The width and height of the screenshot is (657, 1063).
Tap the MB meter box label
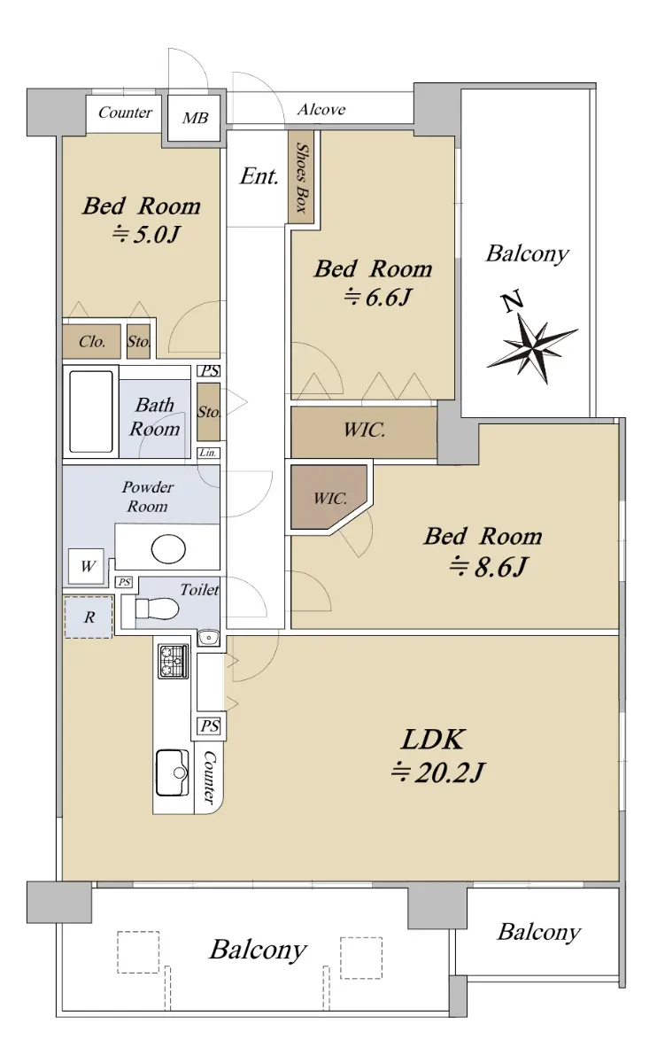tap(195, 118)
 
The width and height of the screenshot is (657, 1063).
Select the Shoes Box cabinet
tap(301, 176)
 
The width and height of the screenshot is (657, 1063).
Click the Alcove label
tap(321, 110)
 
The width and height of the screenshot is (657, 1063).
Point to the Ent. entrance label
tap(259, 176)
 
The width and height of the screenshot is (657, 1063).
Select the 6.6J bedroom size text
tap(377, 298)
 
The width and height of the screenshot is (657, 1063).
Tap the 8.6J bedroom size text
tap(489, 566)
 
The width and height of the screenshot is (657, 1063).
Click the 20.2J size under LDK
tap(437, 772)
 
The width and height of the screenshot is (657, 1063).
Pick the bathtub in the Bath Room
tap(90, 412)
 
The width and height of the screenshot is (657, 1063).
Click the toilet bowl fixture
tap(157, 608)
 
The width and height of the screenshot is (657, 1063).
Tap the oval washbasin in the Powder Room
tap(168, 548)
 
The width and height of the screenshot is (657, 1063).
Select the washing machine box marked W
tap(86, 566)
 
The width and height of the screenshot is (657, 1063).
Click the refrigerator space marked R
tap(89, 617)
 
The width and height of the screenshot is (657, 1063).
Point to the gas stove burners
tap(174, 662)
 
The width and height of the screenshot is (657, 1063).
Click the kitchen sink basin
tap(173, 772)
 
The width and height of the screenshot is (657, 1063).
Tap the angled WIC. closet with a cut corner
tap(328, 497)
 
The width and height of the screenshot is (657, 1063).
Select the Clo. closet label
tap(92, 341)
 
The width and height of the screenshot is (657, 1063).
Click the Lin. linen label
tap(208, 453)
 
